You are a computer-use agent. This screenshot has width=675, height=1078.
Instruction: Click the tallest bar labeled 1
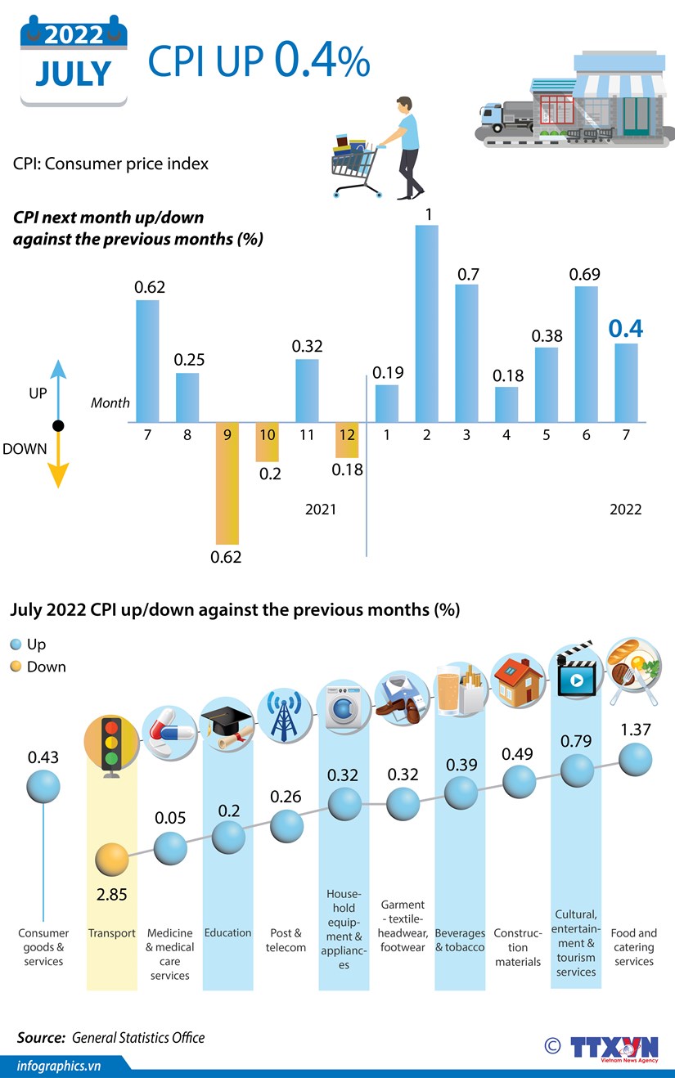[x=427, y=323]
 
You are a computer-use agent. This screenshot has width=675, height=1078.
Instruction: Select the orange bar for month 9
[x=227, y=483]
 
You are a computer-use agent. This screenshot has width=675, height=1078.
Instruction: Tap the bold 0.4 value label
[x=625, y=329]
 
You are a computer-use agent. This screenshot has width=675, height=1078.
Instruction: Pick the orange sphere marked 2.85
[x=111, y=860]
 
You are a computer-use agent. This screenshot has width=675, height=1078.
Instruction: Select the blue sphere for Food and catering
[x=635, y=761]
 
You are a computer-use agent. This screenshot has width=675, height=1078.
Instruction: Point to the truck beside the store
[x=507, y=118]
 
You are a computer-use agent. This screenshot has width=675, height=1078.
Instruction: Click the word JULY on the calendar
[x=74, y=74]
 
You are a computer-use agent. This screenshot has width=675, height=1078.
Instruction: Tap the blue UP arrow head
[x=57, y=368]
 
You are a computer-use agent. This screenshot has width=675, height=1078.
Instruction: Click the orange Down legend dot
[x=16, y=667]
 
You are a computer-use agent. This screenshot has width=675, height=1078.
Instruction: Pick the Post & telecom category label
[x=286, y=940]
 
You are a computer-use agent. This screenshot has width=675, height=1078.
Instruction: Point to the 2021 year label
[x=321, y=510]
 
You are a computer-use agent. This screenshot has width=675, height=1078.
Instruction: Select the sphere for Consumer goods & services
[x=43, y=788]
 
